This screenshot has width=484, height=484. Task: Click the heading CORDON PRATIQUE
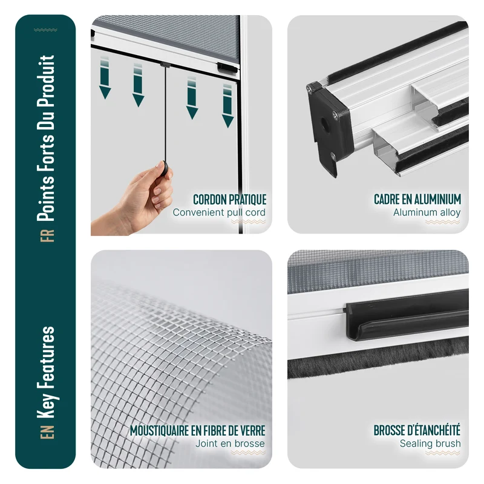(230, 200)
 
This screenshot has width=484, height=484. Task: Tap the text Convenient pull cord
(219, 212)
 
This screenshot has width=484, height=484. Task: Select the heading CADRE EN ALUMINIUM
(417, 200)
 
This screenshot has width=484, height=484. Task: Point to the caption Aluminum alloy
(427, 212)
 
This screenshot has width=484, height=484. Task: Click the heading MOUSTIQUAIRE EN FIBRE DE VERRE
(198, 431)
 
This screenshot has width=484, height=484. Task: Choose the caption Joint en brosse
(230, 443)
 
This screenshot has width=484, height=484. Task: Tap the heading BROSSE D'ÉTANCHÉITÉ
(417, 430)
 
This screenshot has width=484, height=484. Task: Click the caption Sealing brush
(430, 443)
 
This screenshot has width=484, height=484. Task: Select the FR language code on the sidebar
(47, 236)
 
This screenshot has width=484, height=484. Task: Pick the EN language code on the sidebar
(47, 432)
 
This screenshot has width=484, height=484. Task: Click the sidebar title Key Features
(47, 372)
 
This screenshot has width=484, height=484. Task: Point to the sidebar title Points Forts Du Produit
(46, 139)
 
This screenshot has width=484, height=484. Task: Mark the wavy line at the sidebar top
(45, 30)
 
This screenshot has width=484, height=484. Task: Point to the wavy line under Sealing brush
(442, 453)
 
